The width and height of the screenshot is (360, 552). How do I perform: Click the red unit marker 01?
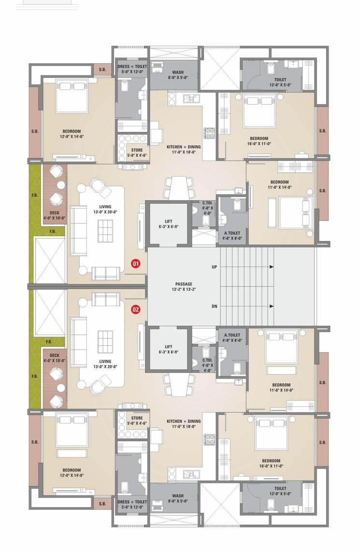tap(136, 264)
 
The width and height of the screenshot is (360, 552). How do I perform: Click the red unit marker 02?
tap(136, 310)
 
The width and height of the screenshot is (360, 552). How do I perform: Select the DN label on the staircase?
tap(214, 306)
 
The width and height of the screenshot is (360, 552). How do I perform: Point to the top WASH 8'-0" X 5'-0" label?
tap(174, 75)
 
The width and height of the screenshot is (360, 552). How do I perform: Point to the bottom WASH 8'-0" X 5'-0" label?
tap(174, 498)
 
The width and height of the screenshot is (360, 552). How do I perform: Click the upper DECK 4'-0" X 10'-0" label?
tap(54, 215)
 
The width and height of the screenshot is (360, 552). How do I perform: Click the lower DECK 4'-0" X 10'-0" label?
tap(54, 358)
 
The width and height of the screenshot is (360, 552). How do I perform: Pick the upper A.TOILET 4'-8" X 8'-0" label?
tap(232, 235)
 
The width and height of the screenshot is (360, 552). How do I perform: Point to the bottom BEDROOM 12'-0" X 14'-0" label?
tap(71, 472)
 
